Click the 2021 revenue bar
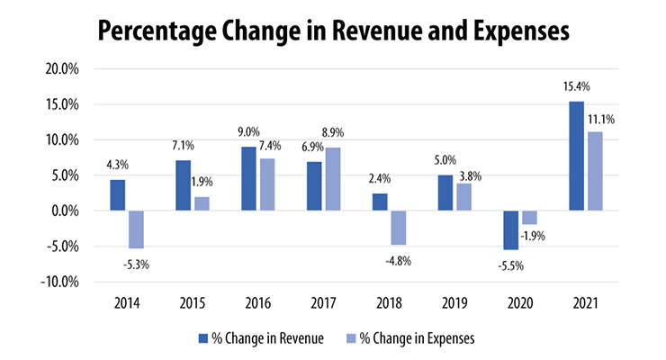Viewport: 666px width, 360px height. coord(576,157)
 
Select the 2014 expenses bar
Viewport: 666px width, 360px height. coord(135,229)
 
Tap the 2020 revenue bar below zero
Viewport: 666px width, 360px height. coord(510,230)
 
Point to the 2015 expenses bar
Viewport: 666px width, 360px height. coord(201,204)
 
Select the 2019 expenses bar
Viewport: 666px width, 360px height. coord(463,197)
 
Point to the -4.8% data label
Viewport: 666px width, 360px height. coord(397,261)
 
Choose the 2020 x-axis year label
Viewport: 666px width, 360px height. coord(518,302)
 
